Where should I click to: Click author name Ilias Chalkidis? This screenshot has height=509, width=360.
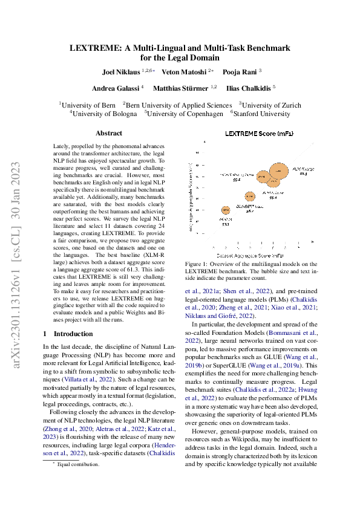pos(247,88)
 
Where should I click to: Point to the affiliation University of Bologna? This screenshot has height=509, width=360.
pos(104,113)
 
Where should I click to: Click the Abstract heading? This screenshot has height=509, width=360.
pos(109,133)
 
